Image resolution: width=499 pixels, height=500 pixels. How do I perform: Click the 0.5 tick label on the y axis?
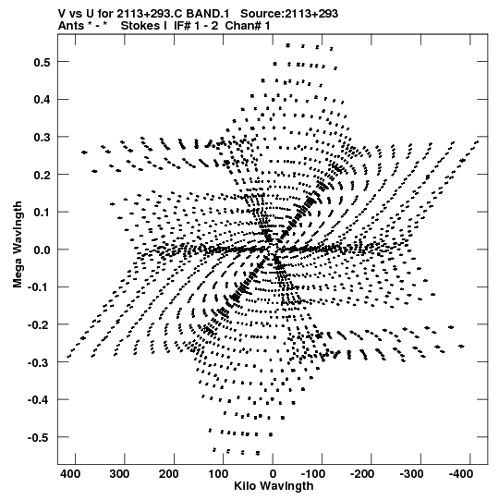click(43, 62)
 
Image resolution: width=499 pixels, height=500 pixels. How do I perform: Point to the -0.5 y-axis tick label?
click(39, 437)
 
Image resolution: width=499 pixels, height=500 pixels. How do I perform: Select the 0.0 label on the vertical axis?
click(43, 250)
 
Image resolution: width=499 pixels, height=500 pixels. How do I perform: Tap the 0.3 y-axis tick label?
click(43, 137)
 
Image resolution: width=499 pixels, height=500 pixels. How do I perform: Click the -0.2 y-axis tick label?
click(39, 325)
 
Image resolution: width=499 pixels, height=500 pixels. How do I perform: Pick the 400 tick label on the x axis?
click(70, 473)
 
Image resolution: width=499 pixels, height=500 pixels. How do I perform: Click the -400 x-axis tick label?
click(461, 473)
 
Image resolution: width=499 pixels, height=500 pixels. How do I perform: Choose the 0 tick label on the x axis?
click(273, 473)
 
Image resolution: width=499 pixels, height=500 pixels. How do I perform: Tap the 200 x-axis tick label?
click(169, 473)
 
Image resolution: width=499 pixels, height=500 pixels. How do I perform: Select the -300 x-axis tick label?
click(411, 473)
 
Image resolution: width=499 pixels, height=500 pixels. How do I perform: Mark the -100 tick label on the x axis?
click(313, 473)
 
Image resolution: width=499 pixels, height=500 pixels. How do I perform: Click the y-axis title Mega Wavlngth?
click(18, 245)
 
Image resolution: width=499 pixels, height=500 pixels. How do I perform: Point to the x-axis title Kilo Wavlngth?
click(274, 486)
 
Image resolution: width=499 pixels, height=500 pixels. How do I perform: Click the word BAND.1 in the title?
click(208, 14)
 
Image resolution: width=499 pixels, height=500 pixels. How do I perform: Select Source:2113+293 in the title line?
click(289, 14)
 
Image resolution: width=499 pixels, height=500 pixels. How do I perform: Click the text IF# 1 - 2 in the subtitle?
click(196, 26)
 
